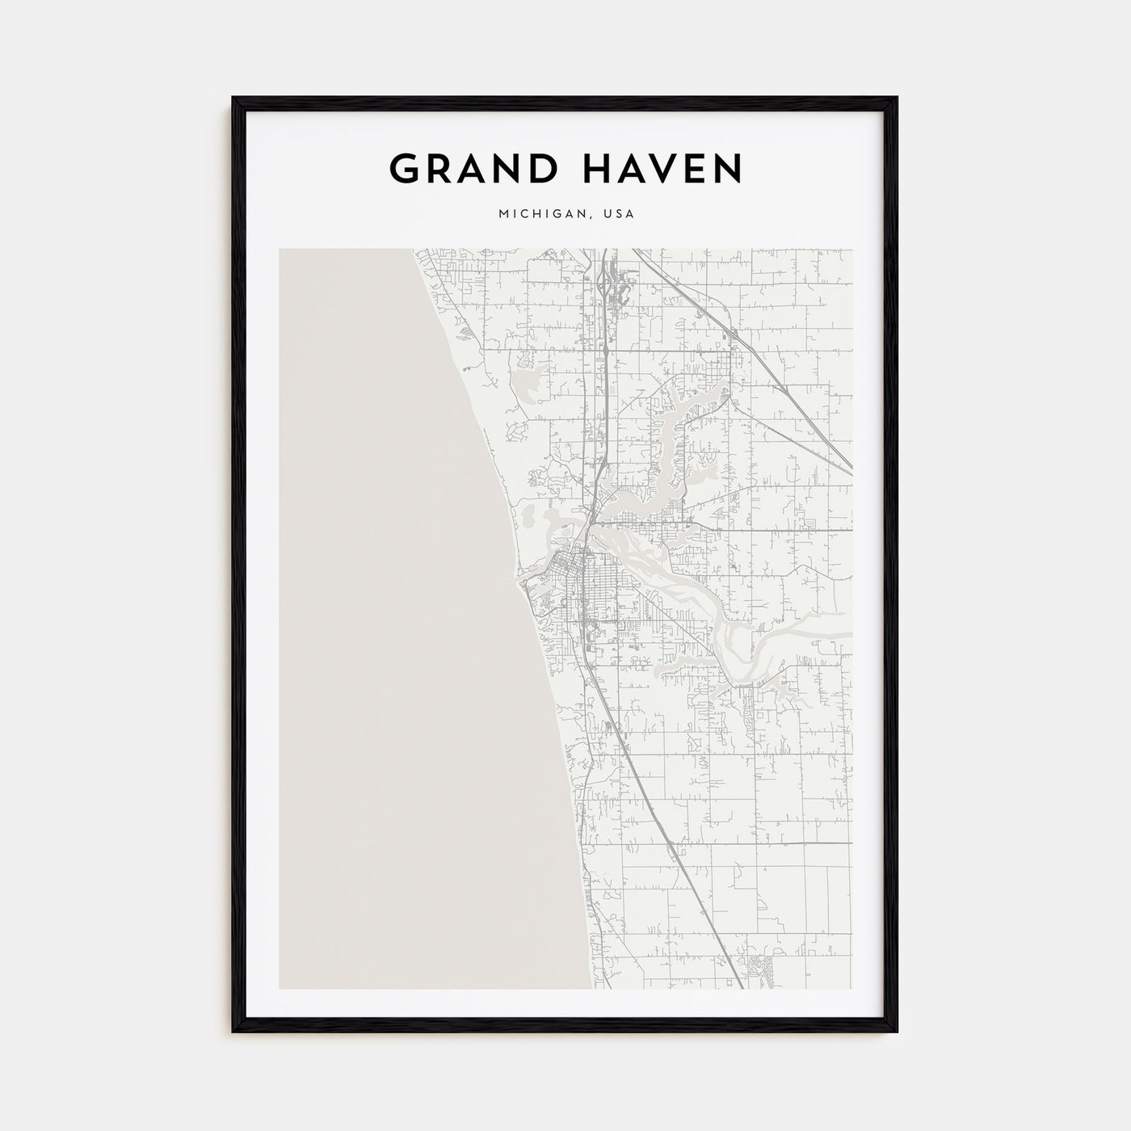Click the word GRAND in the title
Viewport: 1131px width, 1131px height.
tap(467, 169)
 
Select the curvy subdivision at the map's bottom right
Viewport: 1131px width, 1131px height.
tap(759, 965)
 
